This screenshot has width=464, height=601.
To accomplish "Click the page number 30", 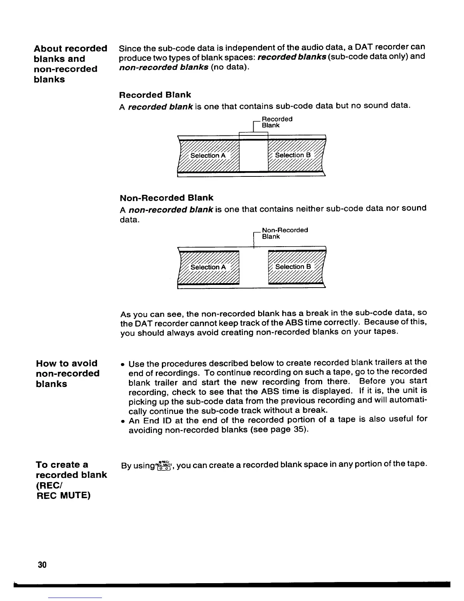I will (42, 565).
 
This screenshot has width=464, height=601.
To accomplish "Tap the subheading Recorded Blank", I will (155, 94).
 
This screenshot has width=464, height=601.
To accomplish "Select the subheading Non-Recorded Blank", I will (166, 198).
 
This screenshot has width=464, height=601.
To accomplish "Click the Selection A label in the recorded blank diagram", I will (208, 156).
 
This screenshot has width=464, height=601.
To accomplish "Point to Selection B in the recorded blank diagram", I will (293, 155).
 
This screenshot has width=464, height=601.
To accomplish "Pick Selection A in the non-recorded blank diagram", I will (208, 267).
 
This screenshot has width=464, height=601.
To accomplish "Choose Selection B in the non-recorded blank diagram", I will (293, 267).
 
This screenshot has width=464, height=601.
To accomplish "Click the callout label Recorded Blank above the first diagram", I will (277, 122).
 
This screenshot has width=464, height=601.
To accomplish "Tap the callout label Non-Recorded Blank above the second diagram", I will (284, 233).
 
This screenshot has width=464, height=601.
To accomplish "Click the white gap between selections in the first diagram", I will (254, 156).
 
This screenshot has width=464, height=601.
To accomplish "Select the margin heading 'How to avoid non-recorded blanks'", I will (67, 373).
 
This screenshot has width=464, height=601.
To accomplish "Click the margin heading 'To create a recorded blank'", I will (71, 470).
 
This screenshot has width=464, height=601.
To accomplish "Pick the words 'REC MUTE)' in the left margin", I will (63, 495).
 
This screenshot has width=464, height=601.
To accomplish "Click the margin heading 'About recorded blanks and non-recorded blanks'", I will (71, 64).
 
